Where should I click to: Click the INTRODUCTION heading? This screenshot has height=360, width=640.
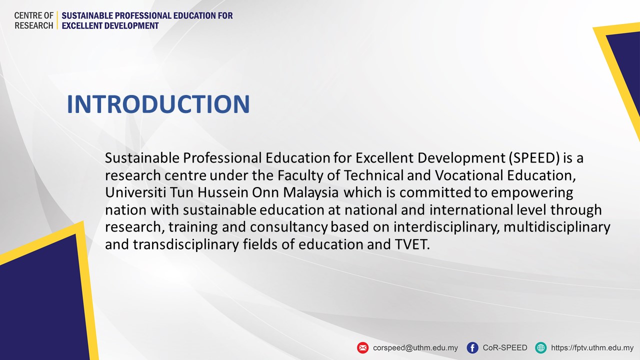coord(158,104)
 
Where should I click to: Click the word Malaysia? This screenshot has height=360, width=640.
coord(311,193)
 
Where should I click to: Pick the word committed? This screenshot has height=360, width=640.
coord(435,192)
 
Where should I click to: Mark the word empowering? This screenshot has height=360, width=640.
coord(532,193)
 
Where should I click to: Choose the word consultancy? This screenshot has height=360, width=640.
coord(289,227)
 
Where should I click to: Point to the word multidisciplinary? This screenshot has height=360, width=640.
coord(557,227)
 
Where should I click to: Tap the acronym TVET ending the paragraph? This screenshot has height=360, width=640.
coord(412,244)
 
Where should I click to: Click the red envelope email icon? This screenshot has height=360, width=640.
coord(363,347)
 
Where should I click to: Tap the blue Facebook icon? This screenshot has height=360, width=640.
coord(472,347)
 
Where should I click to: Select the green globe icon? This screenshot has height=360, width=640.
coord(541,347)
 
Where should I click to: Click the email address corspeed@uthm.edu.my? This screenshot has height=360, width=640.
coord(415,348)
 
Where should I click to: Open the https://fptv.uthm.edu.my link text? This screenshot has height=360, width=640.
coord(592,348)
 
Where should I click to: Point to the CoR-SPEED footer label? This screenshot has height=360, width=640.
coord(505,347)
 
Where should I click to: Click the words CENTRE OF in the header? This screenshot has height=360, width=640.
coord(33,15)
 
